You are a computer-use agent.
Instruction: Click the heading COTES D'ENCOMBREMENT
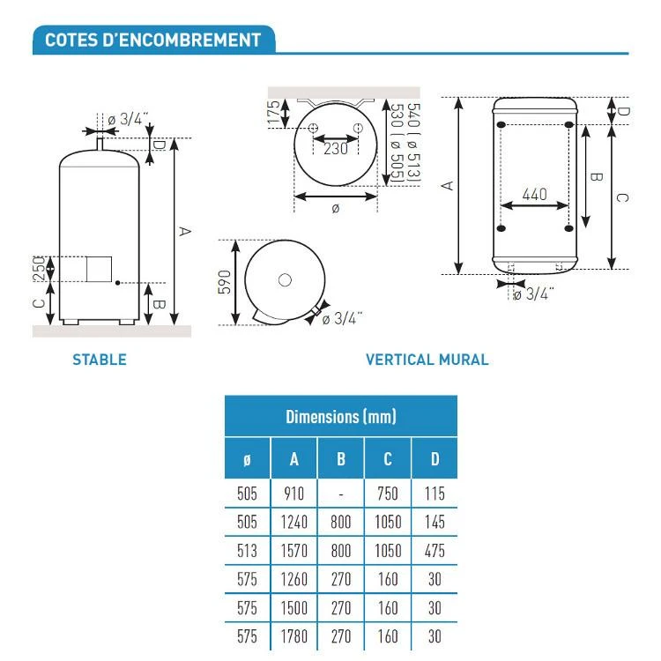tap(152, 40)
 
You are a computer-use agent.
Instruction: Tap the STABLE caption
tap(100, 360)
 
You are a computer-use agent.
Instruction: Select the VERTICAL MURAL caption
tap(427, 360)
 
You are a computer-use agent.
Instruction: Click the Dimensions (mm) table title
tap(340, 417)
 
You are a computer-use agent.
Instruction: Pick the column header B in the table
tap(340, 458)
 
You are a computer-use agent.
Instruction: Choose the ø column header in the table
tap(247, 459)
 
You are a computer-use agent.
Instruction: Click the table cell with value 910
tap(293, 494)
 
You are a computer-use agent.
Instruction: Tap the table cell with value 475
tap(434, 551)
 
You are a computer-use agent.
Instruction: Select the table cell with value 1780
tap(293, 636)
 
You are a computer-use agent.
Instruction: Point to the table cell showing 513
tap(247, 551)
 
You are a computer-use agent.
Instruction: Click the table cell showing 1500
tap(293, 608)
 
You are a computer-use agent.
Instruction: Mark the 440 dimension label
tap(535, 195)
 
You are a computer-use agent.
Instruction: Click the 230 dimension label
tap(336, 149)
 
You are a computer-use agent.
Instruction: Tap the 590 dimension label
tap(225, 282)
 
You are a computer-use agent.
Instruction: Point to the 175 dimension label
tap(274, 113)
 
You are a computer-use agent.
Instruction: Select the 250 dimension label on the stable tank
tap(39, 268)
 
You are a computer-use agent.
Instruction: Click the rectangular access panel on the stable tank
tap(99, 269)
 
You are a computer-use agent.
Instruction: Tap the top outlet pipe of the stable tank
tap(100, 145)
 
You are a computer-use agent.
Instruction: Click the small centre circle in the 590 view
tap(285, 280)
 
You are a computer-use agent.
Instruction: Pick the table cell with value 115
tap(434, 494)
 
